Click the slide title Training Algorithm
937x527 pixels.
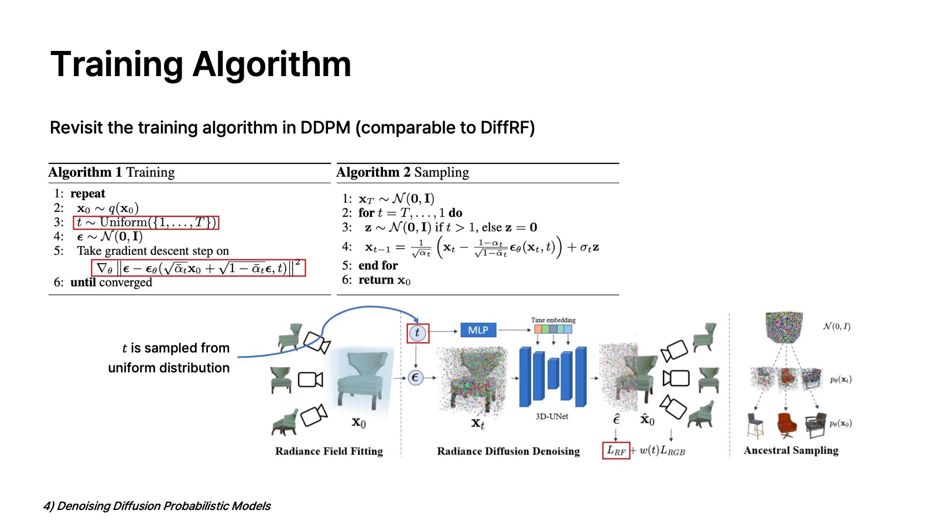coord(200,64)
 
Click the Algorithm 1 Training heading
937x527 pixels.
coord(111,172)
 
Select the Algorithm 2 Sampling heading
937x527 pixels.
coord(402,172)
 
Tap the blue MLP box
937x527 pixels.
coord(478,330)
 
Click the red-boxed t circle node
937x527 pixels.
coord(418,333)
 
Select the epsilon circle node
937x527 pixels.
coord(415,378)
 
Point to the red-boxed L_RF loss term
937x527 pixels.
coord(616,450)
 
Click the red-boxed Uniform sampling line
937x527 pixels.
coord(146,223)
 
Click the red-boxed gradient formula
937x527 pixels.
coord(198,268)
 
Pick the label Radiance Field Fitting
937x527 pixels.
coord(329,451)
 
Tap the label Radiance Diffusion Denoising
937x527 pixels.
coord(508,451)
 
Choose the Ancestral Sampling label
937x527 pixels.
coord(791,450)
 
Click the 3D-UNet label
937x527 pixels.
coord(552,416)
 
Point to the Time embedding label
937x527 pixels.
coord(553,320)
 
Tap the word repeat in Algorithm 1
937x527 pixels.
coord(88,194)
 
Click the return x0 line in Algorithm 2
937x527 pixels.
coord(384,280)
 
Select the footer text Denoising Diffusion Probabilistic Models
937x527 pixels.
coord(163,506)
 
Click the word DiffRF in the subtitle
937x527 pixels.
coord(505,128)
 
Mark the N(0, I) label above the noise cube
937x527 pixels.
coord(836,326)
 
